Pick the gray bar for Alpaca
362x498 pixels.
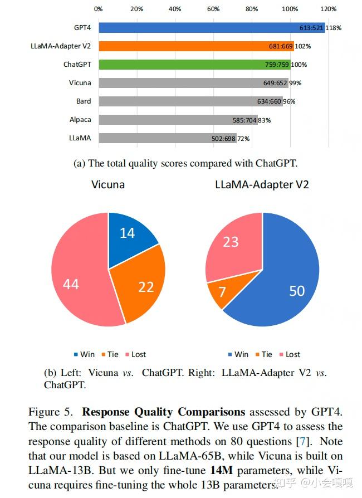167,119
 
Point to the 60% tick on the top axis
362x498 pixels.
213,9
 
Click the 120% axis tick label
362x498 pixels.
328,9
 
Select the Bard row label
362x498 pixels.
84,101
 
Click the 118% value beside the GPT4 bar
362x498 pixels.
334,27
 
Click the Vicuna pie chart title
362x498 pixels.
108,184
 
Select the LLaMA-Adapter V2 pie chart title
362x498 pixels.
262,184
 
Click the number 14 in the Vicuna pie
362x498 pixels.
128,233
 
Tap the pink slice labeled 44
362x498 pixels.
72,284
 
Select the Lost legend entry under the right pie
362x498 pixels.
290,354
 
